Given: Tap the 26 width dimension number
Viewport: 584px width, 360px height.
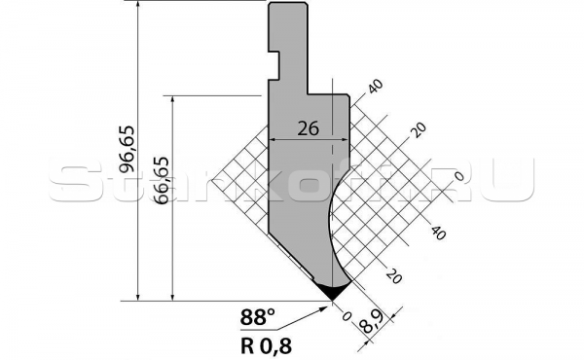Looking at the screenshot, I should (307, 126).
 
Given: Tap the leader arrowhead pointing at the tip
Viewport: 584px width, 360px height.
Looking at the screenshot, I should (325, 306).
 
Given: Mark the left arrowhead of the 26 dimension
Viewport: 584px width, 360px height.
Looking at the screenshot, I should (273, 140).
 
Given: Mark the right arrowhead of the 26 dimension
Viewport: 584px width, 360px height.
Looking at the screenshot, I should (344, 140).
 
